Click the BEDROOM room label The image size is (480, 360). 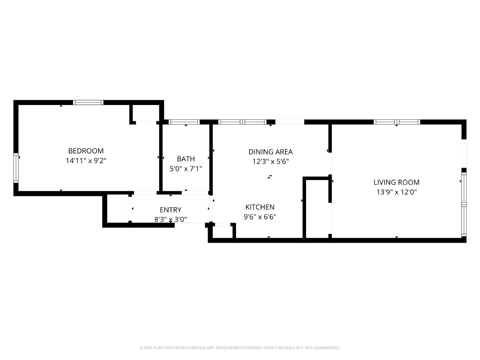coord(86,151)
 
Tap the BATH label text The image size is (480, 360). coord(186,159)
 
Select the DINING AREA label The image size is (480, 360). coord(271,152)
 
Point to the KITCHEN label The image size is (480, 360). coord(260,207)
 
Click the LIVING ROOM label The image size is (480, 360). coord(397,182)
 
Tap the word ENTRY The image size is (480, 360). coord(171,210)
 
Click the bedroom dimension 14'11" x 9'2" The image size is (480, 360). coord(86,161)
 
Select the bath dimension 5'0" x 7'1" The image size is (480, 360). coord(186,169)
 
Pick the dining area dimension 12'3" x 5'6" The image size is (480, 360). coord(271,161)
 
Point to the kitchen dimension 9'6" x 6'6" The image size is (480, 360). coord(260,217)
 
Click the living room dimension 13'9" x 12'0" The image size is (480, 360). coord(397,192)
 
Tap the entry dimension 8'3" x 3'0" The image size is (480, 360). coord(171,219)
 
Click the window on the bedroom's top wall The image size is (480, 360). coord(88,103)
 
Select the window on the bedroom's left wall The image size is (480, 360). coord(16,168)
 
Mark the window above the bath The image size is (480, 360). coord(184,122)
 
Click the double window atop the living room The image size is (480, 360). coord(397,122)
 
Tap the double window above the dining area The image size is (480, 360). coord(242,122)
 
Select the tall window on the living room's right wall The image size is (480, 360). coord(464,205)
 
